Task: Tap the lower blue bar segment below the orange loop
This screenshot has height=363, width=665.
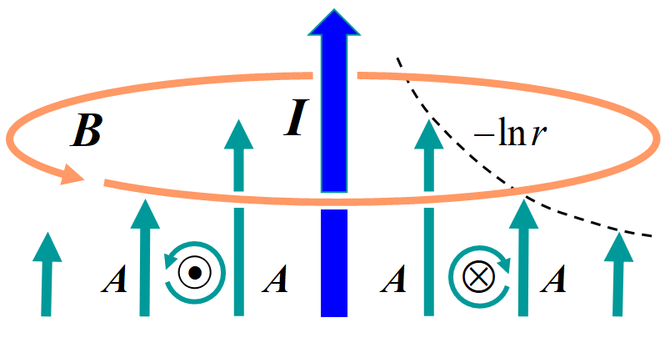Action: tap(333, 263)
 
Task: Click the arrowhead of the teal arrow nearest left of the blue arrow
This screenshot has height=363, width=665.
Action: tap(239, 135)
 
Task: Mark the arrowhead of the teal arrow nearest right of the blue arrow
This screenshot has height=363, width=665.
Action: tap(428, 135)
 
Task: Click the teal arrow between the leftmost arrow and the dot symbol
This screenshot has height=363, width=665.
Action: tap(144, 259)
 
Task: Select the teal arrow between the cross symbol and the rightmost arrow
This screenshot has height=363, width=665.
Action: tap(523, 259)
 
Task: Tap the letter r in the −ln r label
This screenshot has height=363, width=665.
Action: tap(541, 134)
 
